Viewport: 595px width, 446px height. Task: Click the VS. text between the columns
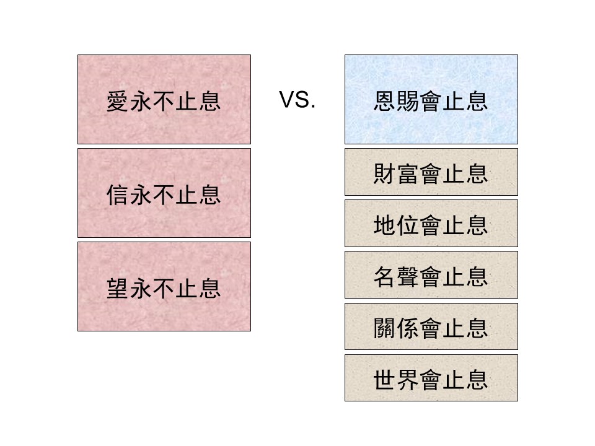297,100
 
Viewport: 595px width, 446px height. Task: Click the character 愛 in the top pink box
118,102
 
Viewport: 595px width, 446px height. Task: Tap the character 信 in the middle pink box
118,195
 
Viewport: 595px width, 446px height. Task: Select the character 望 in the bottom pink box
118,289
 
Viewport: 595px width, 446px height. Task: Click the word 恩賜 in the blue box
396,101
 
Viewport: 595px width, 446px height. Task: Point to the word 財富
396,173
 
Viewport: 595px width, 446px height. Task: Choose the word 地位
396,225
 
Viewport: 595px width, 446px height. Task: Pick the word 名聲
396,276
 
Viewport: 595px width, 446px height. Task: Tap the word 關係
396,328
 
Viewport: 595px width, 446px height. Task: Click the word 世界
396,380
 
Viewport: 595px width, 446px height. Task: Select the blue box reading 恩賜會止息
431,99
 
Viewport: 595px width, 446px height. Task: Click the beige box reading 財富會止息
431,172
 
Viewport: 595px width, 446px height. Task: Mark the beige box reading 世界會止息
431,378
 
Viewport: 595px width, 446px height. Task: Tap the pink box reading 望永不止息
164,286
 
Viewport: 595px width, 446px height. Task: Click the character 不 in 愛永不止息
164,102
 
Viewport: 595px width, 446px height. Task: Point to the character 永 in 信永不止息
141,195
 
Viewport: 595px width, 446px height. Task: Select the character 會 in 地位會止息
431,225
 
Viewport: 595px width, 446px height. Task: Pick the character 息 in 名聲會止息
477,276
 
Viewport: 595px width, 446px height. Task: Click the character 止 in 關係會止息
454,328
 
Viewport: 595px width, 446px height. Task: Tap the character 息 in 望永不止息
210,289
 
